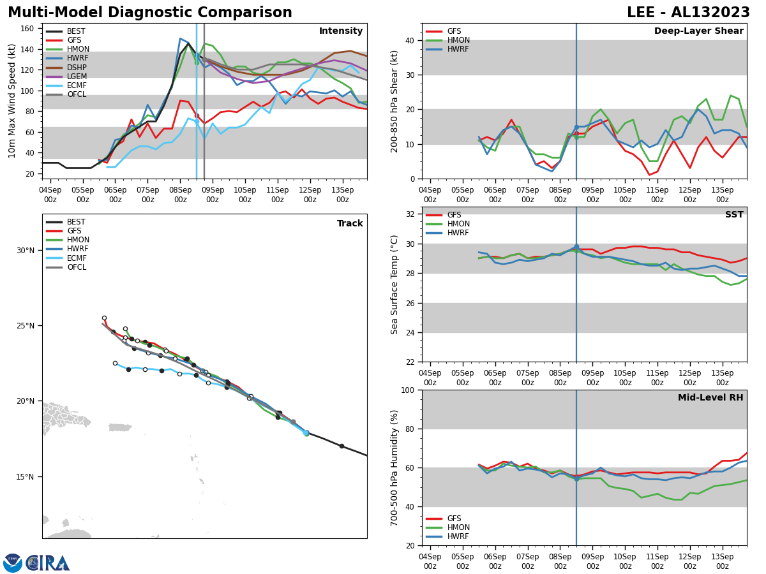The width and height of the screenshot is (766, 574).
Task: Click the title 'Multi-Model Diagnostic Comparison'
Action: coord(150,13)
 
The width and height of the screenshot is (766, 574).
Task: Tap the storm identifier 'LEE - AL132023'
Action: coord(688,13)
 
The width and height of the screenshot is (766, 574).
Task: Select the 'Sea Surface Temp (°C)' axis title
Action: coord(395,284)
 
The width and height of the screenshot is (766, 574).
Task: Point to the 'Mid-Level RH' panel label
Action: coord(710,398)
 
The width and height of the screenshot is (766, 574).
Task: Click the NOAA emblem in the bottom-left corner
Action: coord(13,563)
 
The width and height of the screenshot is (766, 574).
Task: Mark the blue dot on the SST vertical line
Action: coord(576,247)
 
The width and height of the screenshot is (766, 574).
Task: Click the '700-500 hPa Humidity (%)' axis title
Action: coord(395,467)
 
